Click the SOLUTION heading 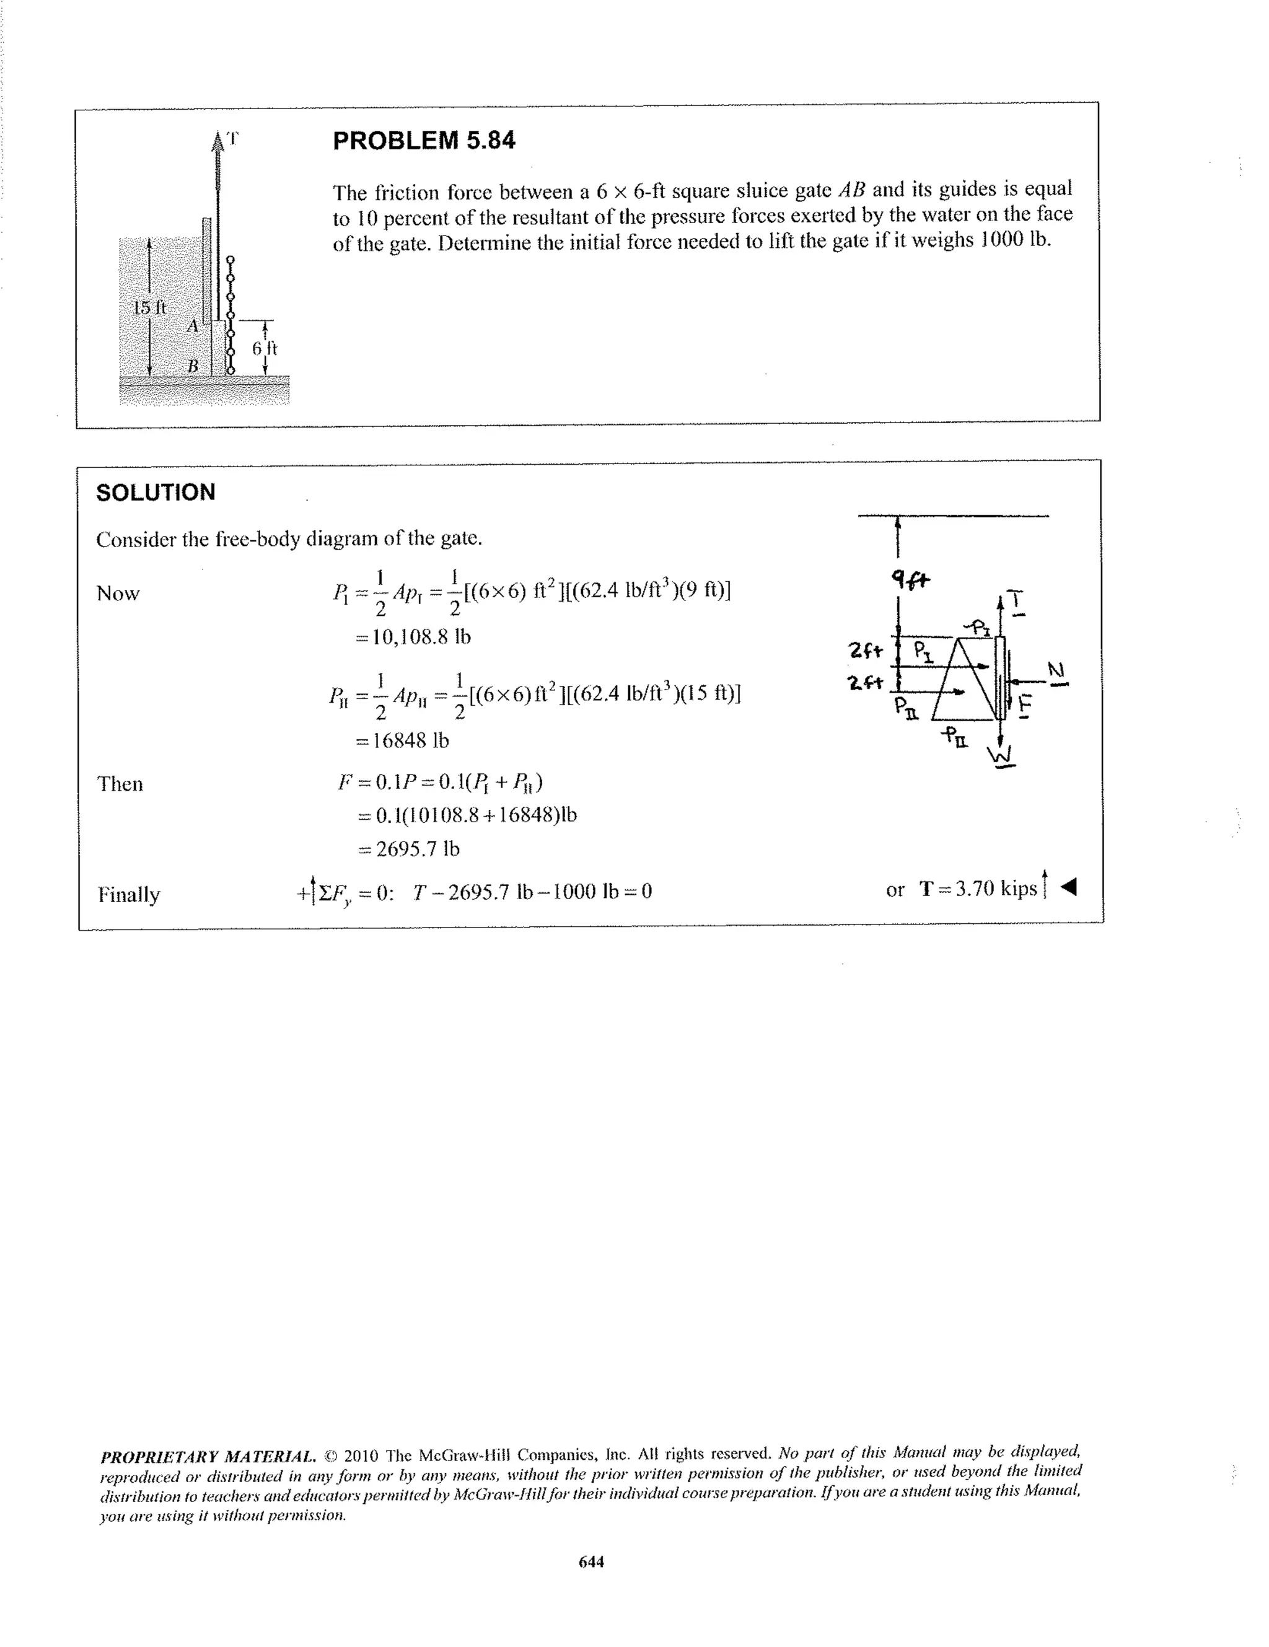click(x=156, y=493)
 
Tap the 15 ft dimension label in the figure click(x=149, y=308)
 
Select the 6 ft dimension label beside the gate click(x=265, y=348)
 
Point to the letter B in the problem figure click(x=193, y=366)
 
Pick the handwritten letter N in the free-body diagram click(x=1056, y=670)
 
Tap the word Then click(x=120, y=784)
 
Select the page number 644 click(x=591, y=1561)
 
